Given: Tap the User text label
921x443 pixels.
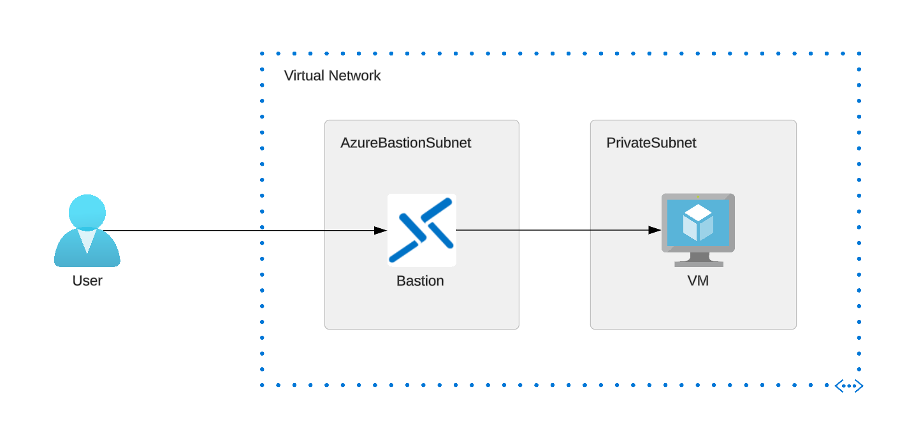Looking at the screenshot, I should pos(87,280).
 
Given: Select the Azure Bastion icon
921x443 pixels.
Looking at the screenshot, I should pos(421,230).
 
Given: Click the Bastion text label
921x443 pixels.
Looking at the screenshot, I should pos(420,281).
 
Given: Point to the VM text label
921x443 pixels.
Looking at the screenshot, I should pos(698,281).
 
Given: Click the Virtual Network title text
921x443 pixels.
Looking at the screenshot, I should pos(332,76).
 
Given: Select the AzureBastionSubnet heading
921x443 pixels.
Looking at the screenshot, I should pos(405,143).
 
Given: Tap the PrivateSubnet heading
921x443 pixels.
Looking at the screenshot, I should pos(651,143).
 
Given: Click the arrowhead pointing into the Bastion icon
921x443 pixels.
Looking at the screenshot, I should pos(381,230).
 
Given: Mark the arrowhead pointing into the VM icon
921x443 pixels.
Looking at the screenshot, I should pos(655,230).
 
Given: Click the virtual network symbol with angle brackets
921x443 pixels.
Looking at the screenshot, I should pos(849,386).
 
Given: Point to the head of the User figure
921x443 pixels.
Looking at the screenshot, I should pos(87,211).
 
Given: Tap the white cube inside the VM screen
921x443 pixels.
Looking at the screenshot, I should pos(698,222).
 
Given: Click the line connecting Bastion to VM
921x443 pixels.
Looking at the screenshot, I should pos(555,230).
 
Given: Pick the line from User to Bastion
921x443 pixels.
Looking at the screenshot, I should pos(242,230).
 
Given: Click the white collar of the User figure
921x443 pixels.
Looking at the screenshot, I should pos(87,240).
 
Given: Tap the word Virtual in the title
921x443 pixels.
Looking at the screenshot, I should pos(304,76).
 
